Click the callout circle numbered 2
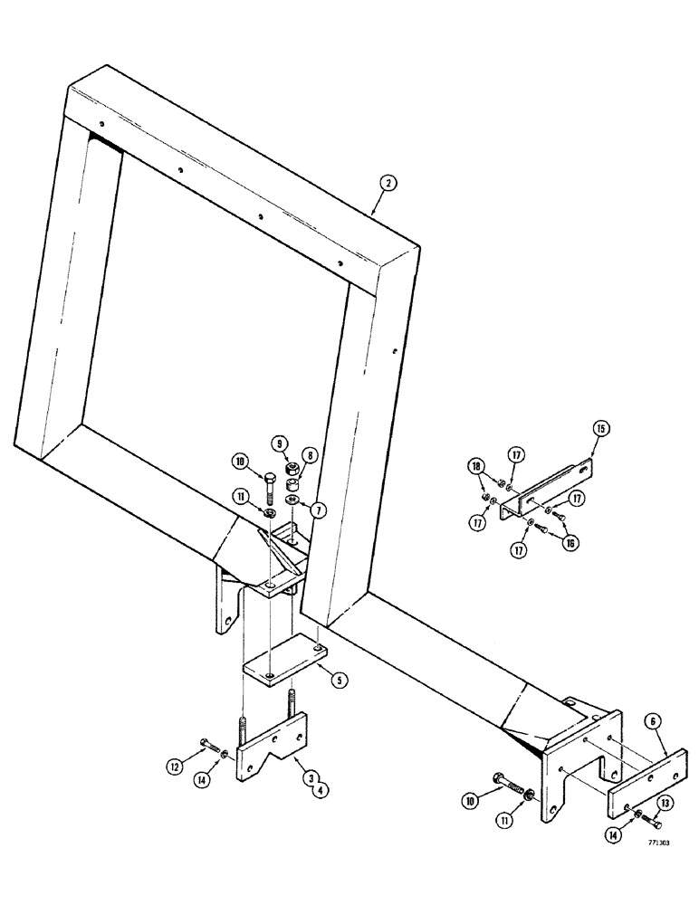pos(387,184)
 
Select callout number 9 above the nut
pos(280,445)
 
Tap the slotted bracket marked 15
pos(543,493)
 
